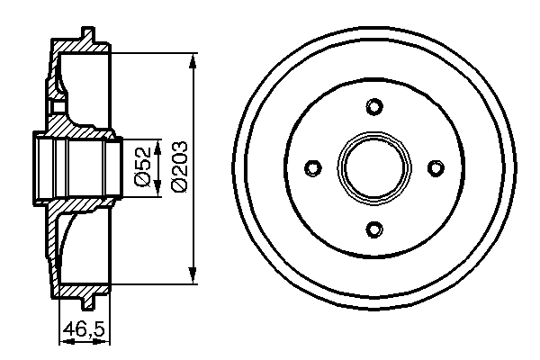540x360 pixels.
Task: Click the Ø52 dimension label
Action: (x=143, y=166)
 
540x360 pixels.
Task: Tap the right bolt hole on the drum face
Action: (x=436, y=168)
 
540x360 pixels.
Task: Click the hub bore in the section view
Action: (x=76, y=168)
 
